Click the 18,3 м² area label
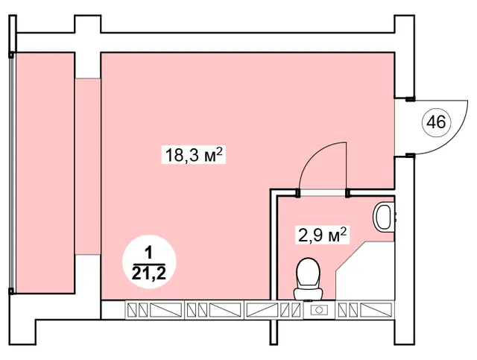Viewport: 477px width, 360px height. click(194, 155)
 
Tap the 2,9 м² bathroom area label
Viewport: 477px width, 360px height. click(322, 235)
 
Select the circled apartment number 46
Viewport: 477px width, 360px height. click(436, 123)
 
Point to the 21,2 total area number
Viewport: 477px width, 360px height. click(149, 274)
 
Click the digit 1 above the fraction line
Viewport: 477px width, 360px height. click(149, 253)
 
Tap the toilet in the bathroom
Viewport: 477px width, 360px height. click(308, 278)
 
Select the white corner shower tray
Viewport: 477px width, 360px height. click(365, 271)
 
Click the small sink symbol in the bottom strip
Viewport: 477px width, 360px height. click(319, 310)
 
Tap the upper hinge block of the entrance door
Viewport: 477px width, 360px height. click(410, 98)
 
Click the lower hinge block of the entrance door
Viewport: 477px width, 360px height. click(410, 156)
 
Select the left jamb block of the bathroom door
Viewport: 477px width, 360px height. click(298, 193)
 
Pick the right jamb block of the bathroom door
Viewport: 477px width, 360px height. click(347, 193)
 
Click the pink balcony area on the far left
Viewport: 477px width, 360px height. click(45, 173)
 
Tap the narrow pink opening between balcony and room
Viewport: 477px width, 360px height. click(88, 166)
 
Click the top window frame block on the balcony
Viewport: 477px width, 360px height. click(11, 55)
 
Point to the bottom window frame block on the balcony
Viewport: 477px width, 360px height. click(11, 291)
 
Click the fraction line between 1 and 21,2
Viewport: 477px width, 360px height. click(149, 264)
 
